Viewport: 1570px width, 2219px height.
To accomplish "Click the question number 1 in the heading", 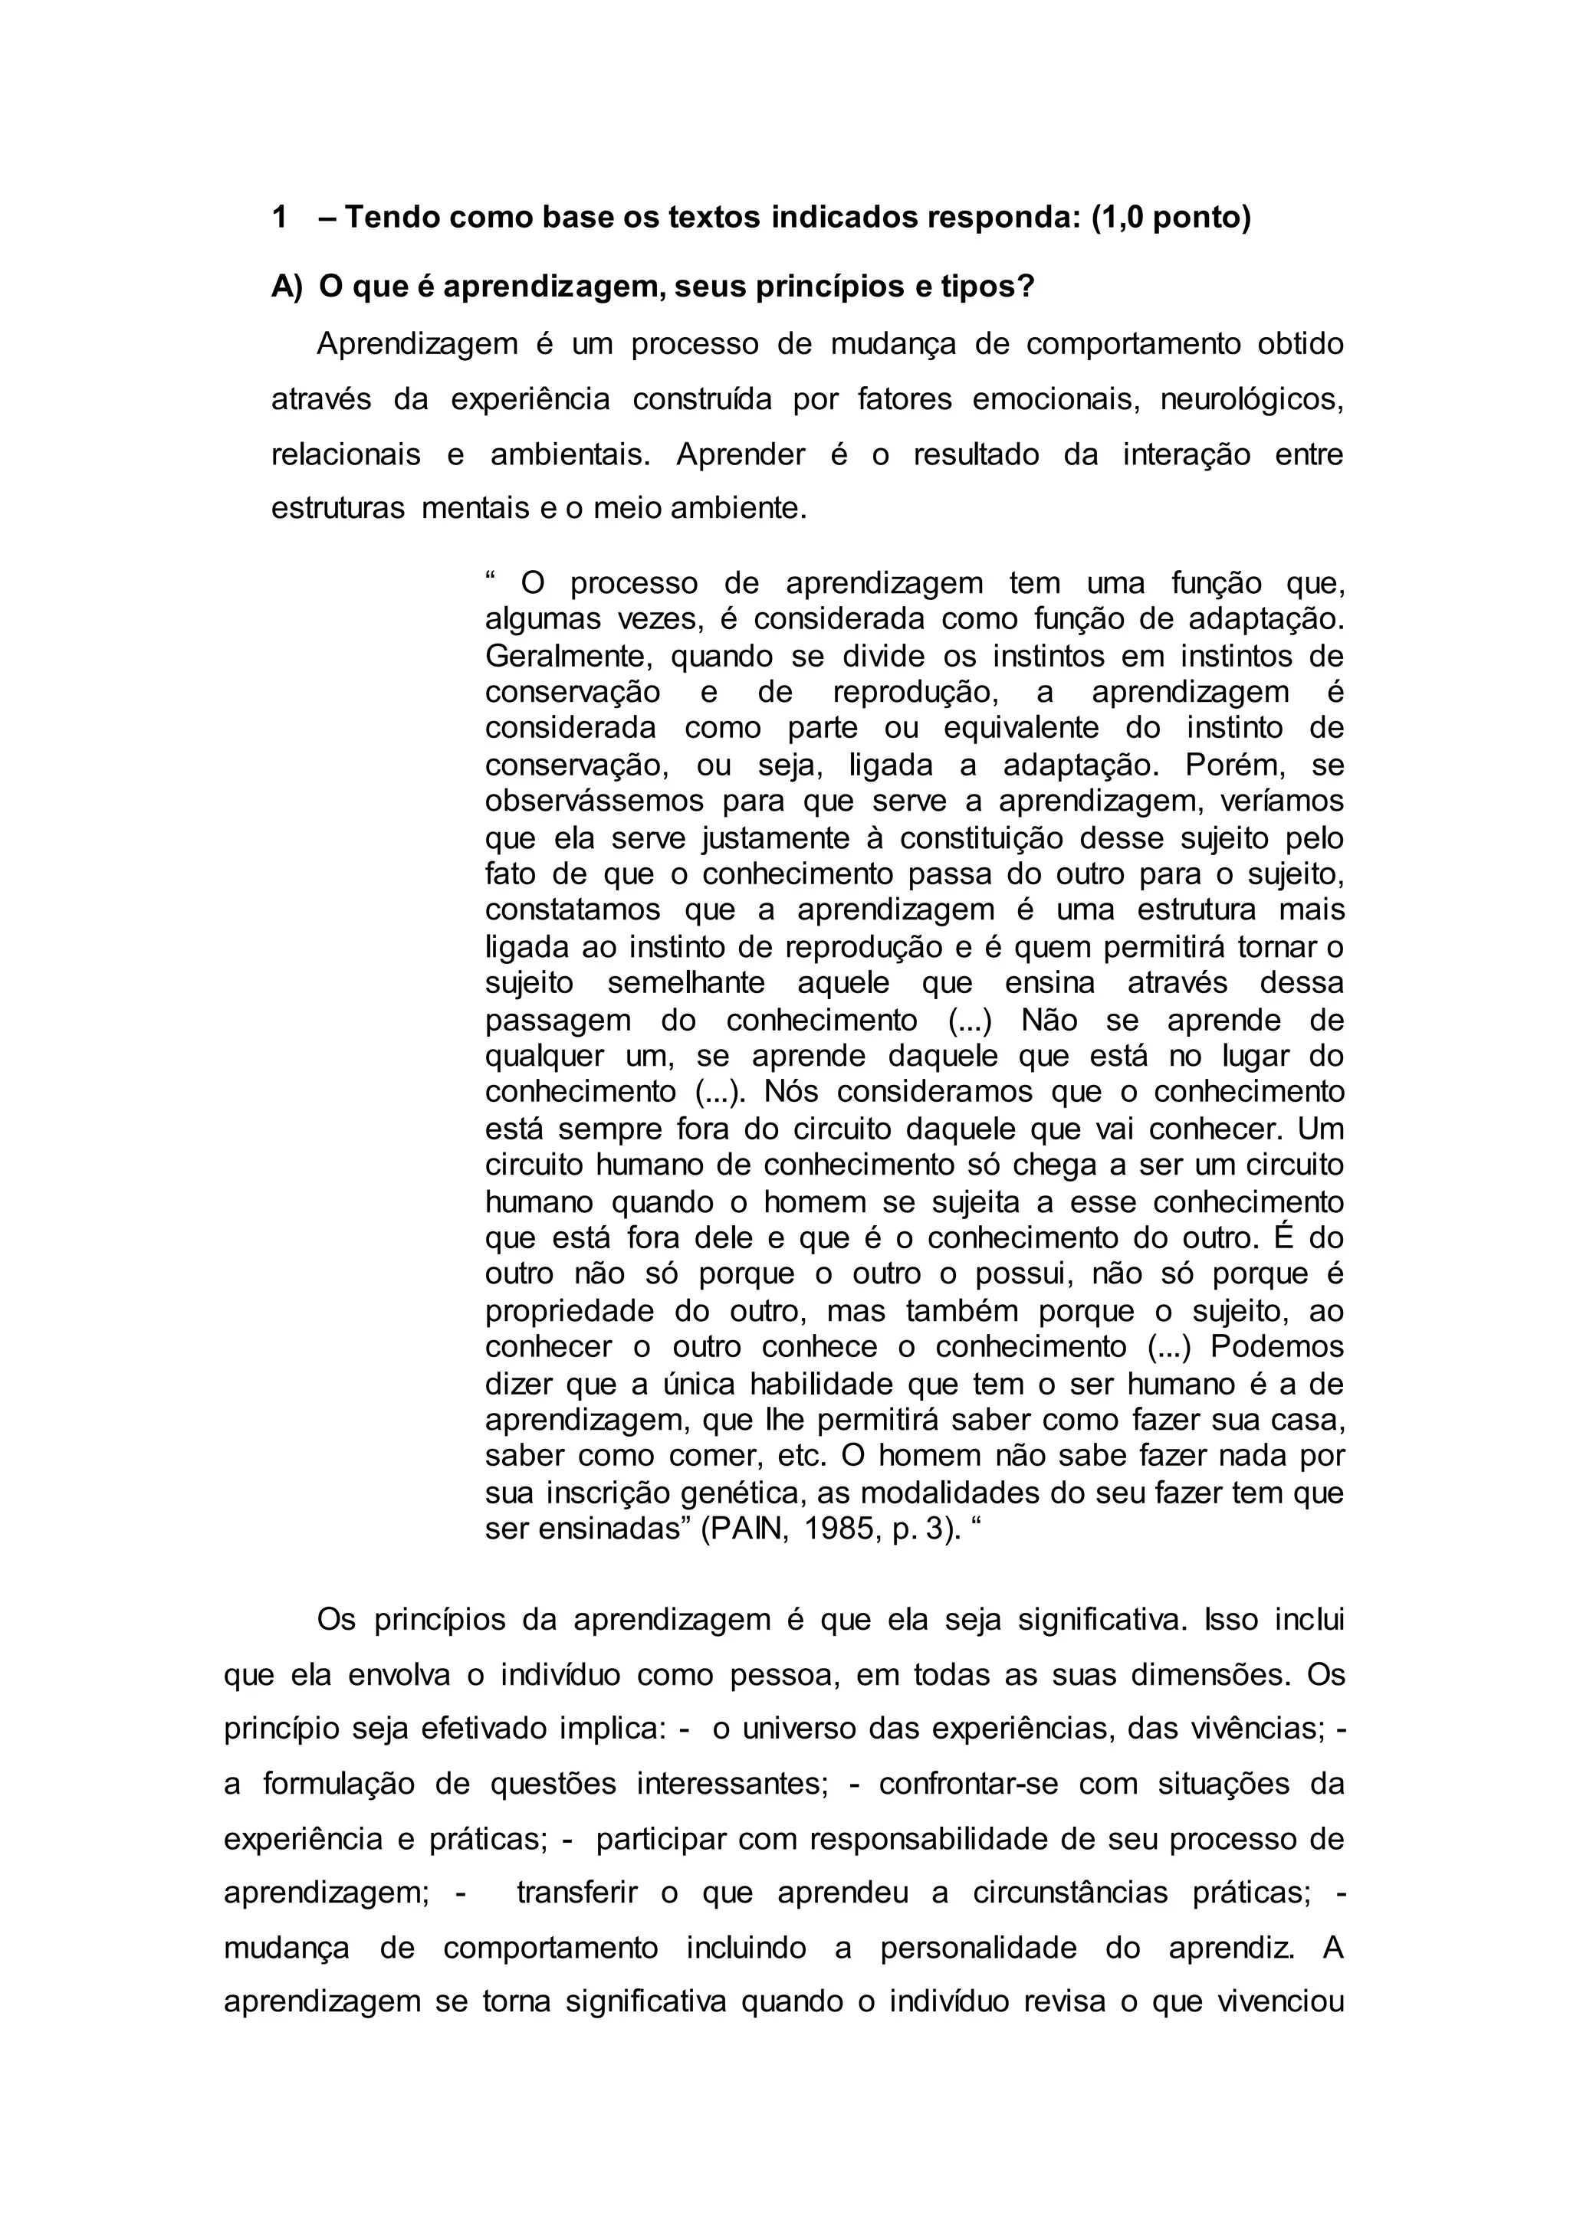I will pos(279,218).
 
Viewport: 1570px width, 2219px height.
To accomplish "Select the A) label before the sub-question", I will pos(287,287).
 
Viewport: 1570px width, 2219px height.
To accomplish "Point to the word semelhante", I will pos(685,983).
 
